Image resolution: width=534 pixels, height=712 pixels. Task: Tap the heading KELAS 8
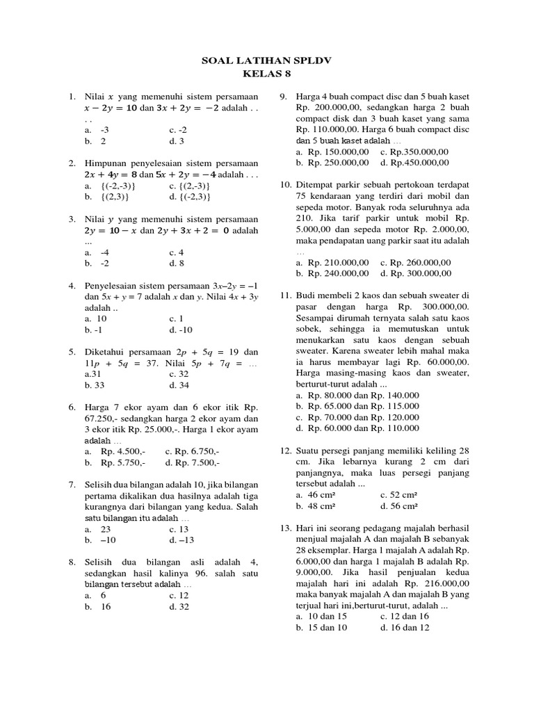point(268,73)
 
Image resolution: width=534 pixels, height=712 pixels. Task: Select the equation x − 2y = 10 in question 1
point(115,108)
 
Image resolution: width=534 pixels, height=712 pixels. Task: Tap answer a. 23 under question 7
point(105,528)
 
